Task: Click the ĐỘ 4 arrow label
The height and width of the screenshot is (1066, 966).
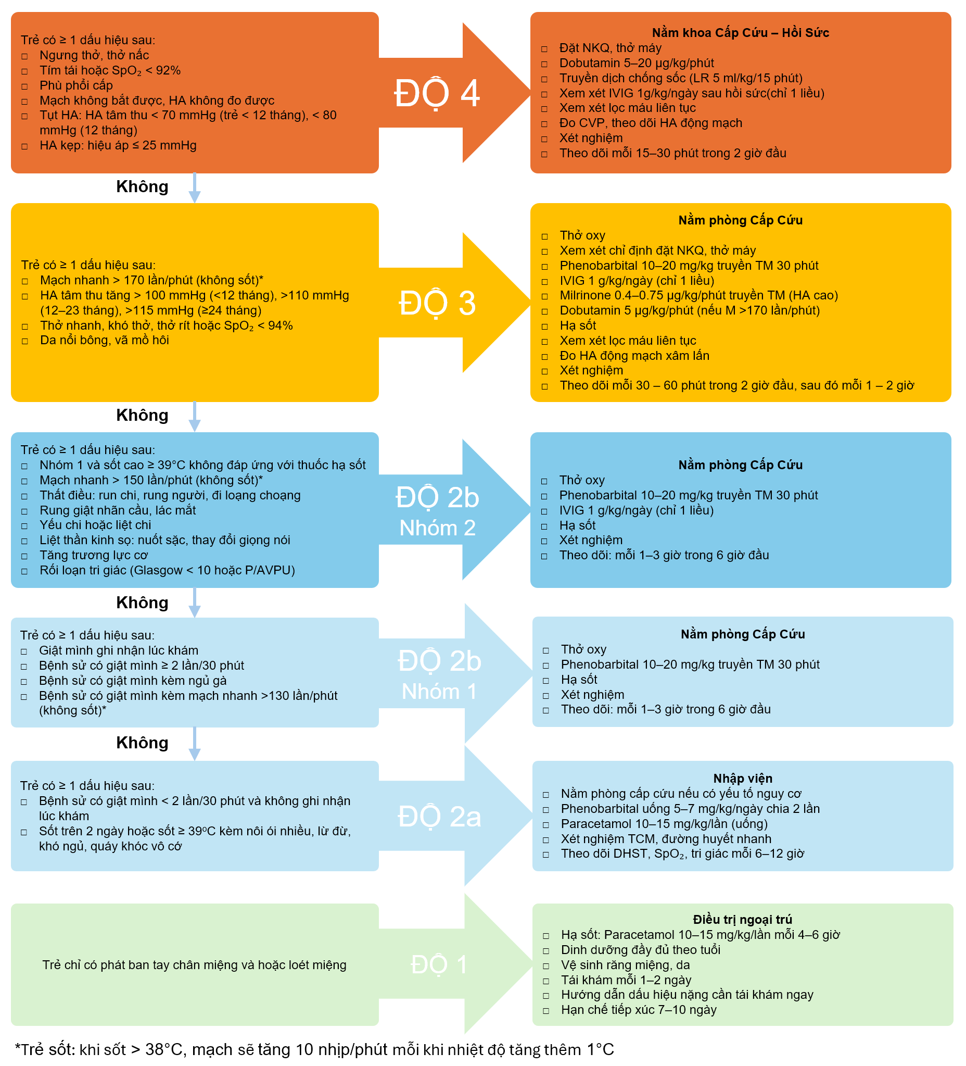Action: click(437, 94)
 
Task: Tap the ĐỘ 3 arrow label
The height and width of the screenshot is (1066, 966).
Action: click(437, 304)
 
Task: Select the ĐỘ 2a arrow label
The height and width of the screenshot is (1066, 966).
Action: click(439, 817)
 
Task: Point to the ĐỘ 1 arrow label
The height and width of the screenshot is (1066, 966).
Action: click(439, 964)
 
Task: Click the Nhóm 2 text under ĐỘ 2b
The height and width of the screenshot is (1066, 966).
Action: click(437, 528)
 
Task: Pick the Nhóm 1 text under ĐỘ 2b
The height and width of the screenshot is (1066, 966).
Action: click(439, 692)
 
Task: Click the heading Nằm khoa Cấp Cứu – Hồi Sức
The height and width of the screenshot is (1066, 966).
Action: click(740, 33)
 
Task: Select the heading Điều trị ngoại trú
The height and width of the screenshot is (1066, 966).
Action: click(743, 920)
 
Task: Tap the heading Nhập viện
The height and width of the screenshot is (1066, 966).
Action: click(743, 779)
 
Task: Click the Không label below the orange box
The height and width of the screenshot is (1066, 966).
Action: click(142, 186)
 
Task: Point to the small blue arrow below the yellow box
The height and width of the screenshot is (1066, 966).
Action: click(195, 417)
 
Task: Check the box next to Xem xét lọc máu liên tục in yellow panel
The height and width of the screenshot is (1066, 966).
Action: click(544, 342)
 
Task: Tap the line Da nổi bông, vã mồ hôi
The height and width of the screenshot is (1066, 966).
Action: click(104, 340)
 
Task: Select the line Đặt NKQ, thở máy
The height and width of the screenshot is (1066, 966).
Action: click(610, 48)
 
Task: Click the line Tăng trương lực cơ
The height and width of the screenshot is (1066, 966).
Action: click(94, 555)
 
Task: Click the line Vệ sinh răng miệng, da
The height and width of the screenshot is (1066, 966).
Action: click(625, 965)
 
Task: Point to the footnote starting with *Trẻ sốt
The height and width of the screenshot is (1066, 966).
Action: click(314, 1050)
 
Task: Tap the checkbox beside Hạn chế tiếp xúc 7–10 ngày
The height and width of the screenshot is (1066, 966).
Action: click(546, 1011)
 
